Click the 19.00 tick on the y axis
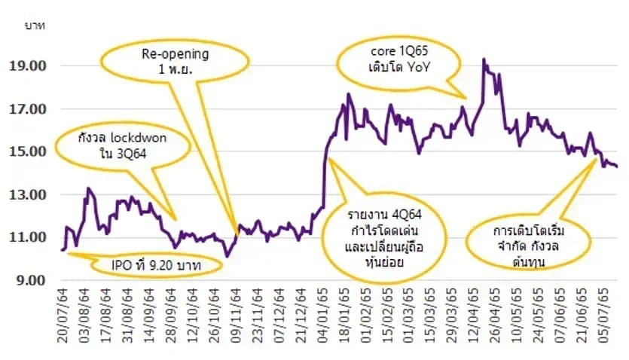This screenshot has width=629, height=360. (x=28, y=66)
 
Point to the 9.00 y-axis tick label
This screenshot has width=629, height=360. (x=31, y=281)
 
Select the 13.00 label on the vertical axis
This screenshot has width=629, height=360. (x=28, y=195)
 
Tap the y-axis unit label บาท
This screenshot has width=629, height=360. (x=35, y=26)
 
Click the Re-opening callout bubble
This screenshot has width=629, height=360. (x=175, y=61)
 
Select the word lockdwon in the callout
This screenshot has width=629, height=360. (x=139, y=138)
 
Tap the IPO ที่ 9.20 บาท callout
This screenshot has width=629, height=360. (x=156, y=265)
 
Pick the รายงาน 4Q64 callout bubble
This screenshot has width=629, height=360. (x=384, y=238)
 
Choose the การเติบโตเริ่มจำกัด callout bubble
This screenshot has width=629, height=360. (x=528, y=243)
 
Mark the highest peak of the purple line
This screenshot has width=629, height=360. (x=484, y=59)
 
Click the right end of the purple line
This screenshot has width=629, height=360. (x=616, y=166)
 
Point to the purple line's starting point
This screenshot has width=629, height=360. (x=62, y=250)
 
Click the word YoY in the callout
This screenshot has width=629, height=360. (x=418, y=67)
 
